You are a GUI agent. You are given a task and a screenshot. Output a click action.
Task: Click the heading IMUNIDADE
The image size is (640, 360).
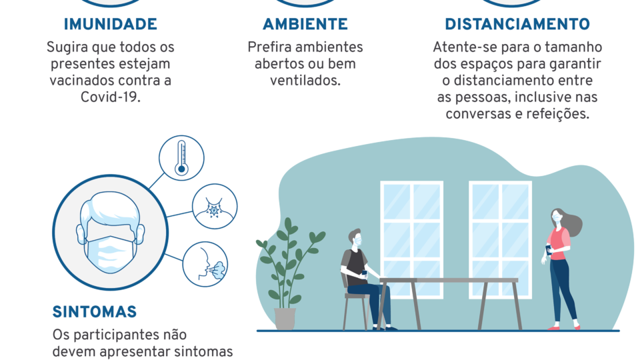(110, 24)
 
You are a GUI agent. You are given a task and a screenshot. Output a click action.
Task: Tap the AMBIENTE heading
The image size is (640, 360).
(305, 24)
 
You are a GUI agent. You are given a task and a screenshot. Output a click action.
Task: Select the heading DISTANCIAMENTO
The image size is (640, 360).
(517, 24)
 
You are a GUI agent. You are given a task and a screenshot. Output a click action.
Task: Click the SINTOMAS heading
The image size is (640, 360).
(94, 312)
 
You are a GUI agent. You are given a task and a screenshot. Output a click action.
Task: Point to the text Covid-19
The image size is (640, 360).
(110, 97)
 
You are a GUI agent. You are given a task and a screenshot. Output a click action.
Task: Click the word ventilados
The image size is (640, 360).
(305, 81)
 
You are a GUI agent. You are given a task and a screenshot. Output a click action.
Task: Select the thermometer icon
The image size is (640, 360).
(181, 158)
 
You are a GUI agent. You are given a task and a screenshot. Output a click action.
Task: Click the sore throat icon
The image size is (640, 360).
(215, 206)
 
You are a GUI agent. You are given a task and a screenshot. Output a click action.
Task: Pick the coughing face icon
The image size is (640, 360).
(205, 264)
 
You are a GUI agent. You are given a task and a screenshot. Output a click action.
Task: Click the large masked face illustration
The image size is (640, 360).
(110, 232)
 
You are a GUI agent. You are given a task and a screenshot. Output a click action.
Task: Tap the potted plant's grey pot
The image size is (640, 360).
(285, 319)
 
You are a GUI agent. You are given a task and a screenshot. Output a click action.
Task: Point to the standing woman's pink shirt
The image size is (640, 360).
(557, 243)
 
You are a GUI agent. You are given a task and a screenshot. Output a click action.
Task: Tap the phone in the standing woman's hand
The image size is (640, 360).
(549, 249)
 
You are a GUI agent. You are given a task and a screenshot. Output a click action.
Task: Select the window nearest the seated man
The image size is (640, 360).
(412, 239)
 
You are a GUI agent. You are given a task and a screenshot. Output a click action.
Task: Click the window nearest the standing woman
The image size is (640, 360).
(501, 239)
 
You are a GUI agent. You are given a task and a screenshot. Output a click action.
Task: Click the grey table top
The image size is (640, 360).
(448, 281)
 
